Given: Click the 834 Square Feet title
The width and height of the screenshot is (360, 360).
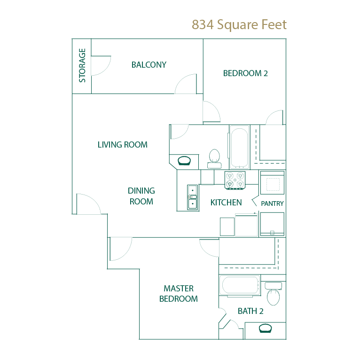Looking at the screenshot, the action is [239, 25].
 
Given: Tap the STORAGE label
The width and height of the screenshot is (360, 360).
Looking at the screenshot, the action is [82, 65].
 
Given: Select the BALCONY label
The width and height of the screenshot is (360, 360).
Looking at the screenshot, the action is [149, 65].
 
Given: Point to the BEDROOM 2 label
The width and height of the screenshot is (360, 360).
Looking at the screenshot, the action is [245, 73].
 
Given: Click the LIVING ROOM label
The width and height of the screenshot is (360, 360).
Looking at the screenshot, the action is [122, 145].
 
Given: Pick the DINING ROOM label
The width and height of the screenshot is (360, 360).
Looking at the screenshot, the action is [141, 196].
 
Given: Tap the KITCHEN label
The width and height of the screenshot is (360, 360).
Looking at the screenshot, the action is [226, 203].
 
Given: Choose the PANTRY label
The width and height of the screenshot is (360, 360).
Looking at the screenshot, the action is [272, 203].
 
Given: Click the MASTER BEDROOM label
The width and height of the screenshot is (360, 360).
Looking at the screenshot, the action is [179, 293].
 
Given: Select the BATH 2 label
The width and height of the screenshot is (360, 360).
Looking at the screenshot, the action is [250, 311].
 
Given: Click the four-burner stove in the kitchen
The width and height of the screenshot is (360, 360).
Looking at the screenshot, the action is [235, 180].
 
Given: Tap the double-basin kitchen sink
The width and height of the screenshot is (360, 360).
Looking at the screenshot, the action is [192, 197].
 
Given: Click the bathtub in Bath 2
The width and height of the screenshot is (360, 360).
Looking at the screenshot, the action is [240, 285].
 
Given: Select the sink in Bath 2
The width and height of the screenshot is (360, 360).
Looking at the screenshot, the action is [265, 328].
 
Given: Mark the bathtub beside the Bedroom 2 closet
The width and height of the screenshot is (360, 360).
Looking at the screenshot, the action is [240, 147].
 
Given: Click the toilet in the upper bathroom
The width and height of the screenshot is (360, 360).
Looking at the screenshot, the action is [214, 159].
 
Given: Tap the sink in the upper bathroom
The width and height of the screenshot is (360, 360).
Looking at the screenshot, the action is [184, 161].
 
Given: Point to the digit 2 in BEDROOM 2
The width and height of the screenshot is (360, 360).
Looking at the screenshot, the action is [266, 73].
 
